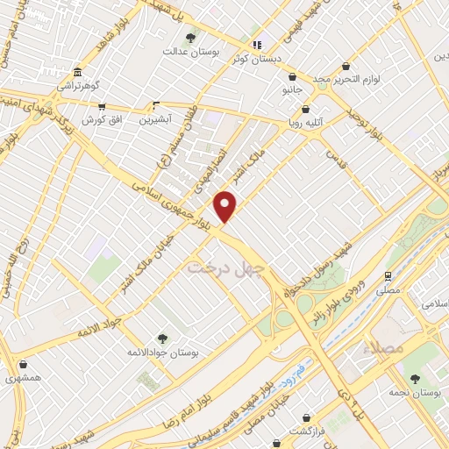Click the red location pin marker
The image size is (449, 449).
coord(226,206)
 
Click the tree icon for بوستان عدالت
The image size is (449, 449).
coord(191,38)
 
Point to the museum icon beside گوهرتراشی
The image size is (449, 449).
coord(78,72)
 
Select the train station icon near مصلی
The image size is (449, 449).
coord(386,274)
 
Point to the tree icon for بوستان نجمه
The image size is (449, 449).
coord(415,379)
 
